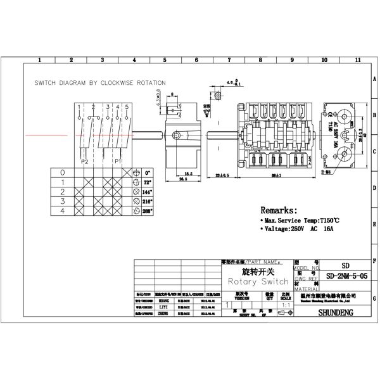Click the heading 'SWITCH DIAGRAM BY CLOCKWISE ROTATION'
[x=100, y=83]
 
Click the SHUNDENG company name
[x=336, y=312]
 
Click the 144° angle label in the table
[x=148, y=191]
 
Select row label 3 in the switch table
[x=61, y=200]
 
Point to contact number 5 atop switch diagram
[x=127, y=106]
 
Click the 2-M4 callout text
[x=327, y=172]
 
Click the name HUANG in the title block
[x=164, y=301]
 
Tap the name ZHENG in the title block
[x=164, y=312]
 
